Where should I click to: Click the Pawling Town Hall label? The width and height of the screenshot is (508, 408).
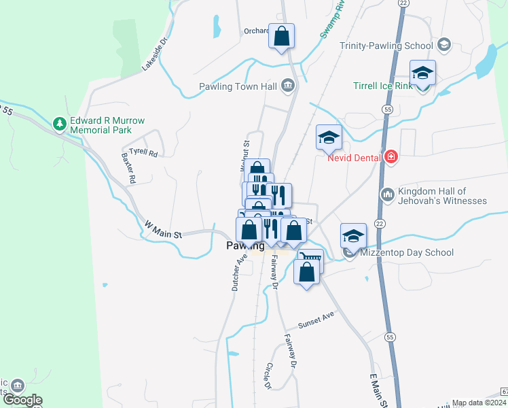237,86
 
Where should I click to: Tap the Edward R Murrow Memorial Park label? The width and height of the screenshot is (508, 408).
107,125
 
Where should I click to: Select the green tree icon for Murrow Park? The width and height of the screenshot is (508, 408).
60,124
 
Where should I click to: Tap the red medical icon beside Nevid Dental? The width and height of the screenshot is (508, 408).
390,158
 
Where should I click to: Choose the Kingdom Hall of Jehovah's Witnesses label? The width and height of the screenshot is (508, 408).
442,196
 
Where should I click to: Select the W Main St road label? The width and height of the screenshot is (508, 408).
163,228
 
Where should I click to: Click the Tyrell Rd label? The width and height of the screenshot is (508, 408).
143,154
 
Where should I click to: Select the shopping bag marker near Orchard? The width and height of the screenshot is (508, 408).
281,36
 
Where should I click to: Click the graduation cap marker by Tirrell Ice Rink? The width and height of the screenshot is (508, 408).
422,73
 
